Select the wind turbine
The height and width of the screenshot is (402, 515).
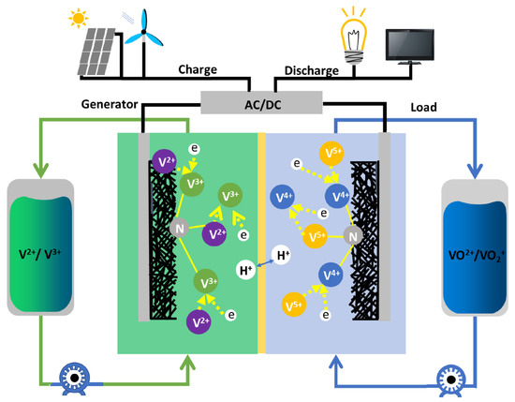coord(140,37)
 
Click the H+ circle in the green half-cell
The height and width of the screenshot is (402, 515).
coord(245,272)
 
